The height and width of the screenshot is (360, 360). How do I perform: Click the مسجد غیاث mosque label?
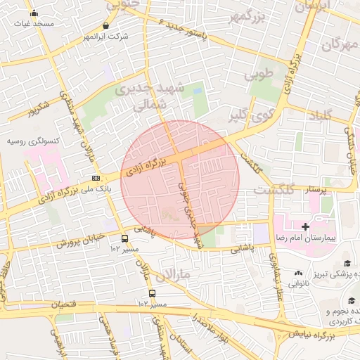click(34, 23)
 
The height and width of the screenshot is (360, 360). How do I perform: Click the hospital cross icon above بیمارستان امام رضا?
click(304, 226)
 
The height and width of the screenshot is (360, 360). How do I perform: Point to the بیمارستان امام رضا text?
click(309, 239)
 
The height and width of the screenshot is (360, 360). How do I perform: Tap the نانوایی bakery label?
click(300, 283)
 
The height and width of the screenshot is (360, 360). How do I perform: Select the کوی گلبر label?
click(249, 114)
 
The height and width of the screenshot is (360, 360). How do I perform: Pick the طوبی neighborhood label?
click(257, 74)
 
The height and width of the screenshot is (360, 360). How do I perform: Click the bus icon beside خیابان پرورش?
click(124, 238)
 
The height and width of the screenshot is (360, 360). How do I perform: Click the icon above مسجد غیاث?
click(34, 13)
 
